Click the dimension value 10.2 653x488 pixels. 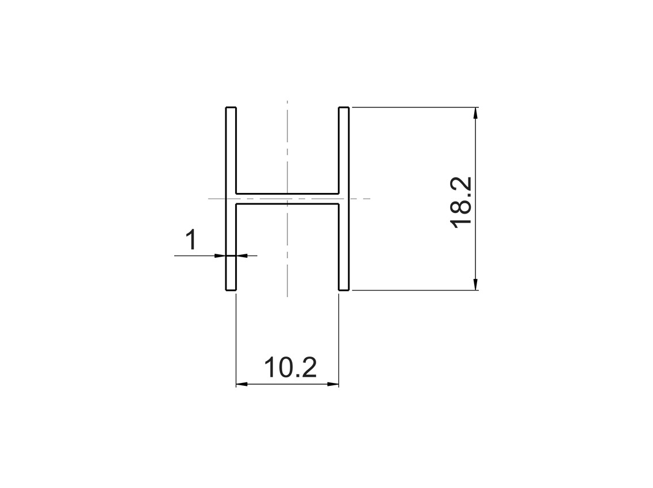(290, 367)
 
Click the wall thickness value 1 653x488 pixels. (191, 240)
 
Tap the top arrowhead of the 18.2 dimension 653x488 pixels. (476, 113)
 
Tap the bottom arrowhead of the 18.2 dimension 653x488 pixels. (476, 284)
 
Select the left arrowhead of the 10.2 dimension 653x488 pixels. (242, 384)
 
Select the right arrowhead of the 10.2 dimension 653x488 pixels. (333, 384)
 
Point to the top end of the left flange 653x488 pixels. (231, 108)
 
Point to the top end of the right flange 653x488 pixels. (344, 108)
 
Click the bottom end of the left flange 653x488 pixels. (231, 289)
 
